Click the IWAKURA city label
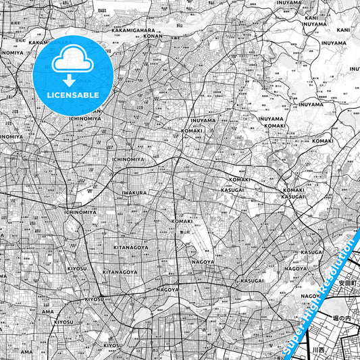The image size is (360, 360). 134,192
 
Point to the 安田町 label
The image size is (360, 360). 346,283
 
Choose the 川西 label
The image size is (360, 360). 318,350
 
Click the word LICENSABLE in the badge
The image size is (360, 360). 73,95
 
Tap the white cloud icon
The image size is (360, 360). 72,61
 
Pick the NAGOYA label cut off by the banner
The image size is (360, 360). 310,296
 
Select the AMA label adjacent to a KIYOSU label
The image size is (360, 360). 47,312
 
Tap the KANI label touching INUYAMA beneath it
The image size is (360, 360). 311,18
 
